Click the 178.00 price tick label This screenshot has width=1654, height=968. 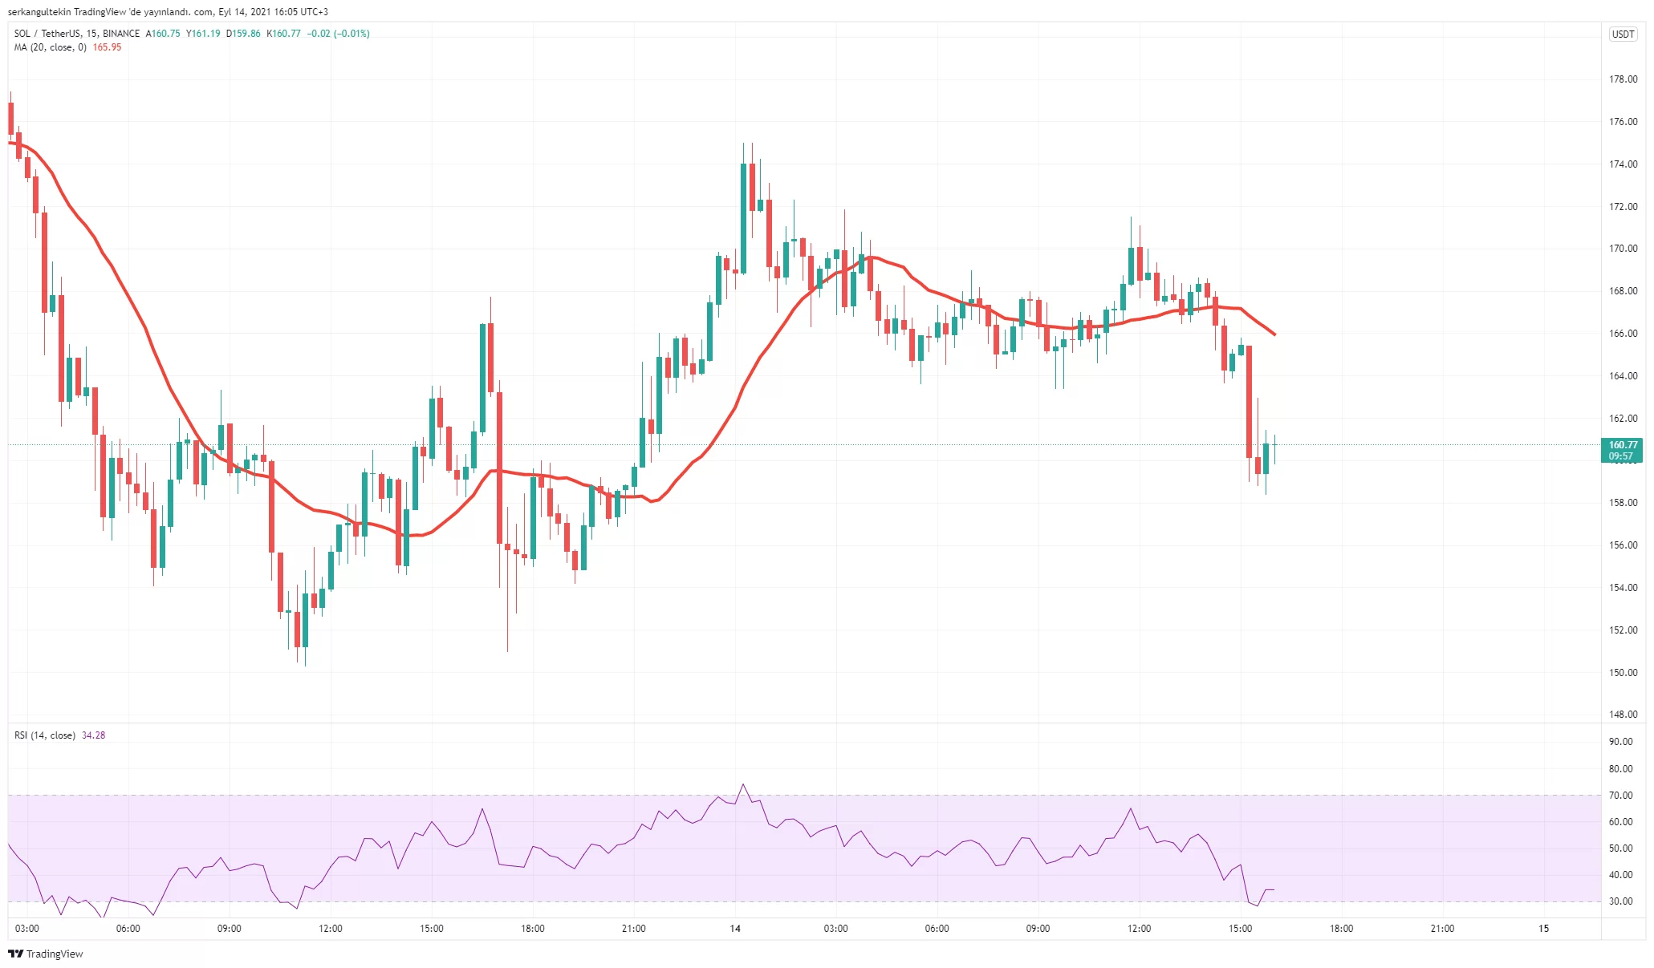pyautogui.click(x=1623, y=79)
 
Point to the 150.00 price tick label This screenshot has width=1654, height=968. pyautogui.click(x=1623, y=672)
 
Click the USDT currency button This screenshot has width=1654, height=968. pyautogui.click(x=1623, y=34)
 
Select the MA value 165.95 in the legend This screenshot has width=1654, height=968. pyautogui.click(x=107, y=47)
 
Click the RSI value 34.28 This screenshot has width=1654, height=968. pyautogui.click(x=93, y=735)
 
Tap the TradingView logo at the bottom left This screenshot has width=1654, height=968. pyautogui.click(x=46, y=954)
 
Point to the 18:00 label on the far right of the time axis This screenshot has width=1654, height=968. pyautogui.click(x=1341, y=929)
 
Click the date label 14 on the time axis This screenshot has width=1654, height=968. pyautogui.click(x=735, y=929)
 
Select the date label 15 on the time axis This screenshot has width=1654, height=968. pyautogui.click(x=1543, y=929)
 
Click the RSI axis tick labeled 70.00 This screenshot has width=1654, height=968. pyautogui.click(x=1620, y=796)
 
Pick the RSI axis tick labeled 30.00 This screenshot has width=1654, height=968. pyautogui.click(x=1620, y=901)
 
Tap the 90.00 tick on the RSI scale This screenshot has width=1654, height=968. pyautogui.click(x=1620, y=742)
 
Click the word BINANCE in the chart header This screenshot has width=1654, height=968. pyautogui.click(x=121, y=34)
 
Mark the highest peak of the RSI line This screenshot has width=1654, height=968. pyautogui.click(x=743, y=784)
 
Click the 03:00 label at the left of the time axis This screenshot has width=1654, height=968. pyautogui.click(x=27, y=929)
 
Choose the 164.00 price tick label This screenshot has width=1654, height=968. pyautogui.click(x=1623, y=376)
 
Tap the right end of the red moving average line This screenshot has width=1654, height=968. pyautogui.click(x=1274, y=334)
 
